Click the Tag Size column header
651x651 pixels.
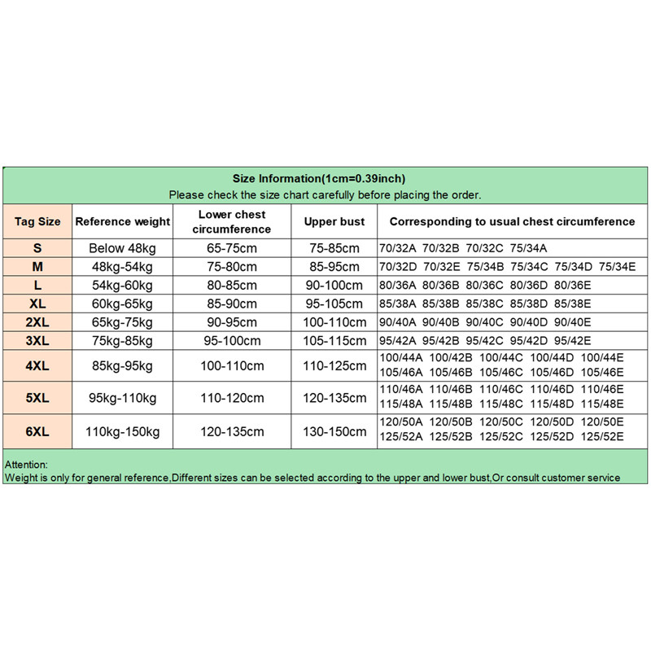coord(37,221)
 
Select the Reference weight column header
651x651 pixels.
coord(122,221)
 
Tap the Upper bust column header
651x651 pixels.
coord(334,221)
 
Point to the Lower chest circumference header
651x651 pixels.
coord(231,221)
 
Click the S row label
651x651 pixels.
coord(37,248)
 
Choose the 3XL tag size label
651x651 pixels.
coord(37,341)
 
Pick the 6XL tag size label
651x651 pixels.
coord(37,430)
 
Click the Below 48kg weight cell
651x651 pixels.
coord(122,248)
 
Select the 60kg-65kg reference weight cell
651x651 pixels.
coord(122,304)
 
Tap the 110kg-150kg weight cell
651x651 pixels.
coord(122,430)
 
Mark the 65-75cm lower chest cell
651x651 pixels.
coord(231,248)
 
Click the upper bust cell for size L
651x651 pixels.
coord(334,286)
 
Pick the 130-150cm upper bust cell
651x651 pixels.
coord(334,430)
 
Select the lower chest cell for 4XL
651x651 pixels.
coord(231,365)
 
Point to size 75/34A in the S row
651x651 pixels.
coord(529,248)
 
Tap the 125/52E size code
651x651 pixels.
coord(601,437)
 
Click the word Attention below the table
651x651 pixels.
coord(26,464)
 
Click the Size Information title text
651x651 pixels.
coord(319,179)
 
